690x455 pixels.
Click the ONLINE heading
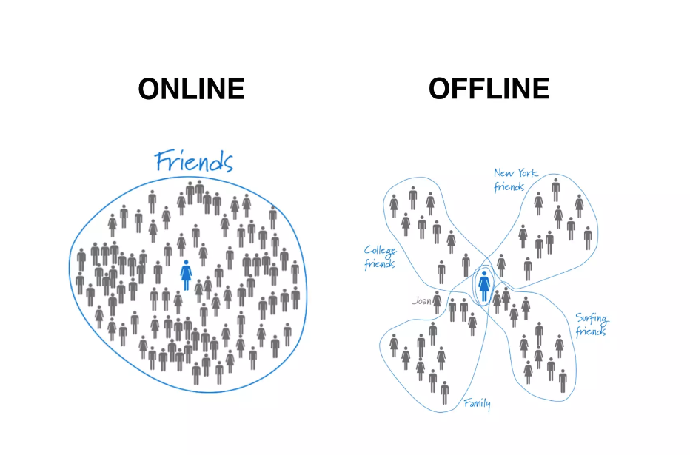pos(191,90)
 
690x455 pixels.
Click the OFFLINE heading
pos(489,89)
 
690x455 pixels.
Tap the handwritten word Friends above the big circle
pos(194,161)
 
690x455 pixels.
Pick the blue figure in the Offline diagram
pos(483,286)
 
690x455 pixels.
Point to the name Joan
pos(421,301)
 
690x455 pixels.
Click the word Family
pos(477,403)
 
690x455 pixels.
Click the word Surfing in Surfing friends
pos(592,320)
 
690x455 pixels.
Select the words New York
pos(516,175)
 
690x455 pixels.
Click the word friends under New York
pos(509,188)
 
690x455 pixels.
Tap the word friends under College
pos(380,264)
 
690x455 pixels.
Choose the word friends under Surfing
pos(592,331)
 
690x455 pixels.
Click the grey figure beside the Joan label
pos(437,302)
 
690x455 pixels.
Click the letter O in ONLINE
pos(149,90)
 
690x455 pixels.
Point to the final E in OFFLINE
pos(540,89)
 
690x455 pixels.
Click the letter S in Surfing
pos(580,319)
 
